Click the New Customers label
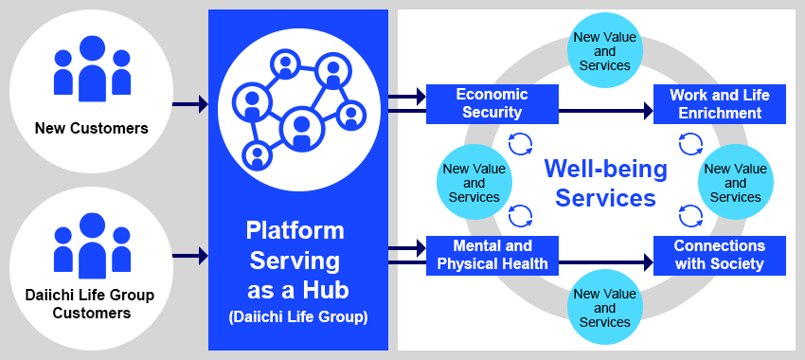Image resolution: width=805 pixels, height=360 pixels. click(x=92, y=128)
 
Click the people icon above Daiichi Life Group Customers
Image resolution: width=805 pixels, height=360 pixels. click(x=92, y=245)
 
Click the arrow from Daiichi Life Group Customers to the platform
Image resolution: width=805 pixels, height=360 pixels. click(x=190, y=255)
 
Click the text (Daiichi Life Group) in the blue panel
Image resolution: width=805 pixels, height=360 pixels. click(x=296, y=316)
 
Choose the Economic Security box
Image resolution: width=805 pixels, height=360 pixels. click(x=492, y=104)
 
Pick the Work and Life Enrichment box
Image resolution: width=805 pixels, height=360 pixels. click(x=719, y=104)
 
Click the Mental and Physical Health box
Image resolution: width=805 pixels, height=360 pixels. click(x=492, y=255)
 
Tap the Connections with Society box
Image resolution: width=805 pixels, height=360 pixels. click(x=719, y=255)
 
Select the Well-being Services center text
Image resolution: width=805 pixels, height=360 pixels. click(x=605, y=183)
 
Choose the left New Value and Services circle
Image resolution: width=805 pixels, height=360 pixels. click(x=474, y=183)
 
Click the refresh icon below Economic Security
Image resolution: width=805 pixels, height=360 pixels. click(x=520, y=144)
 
